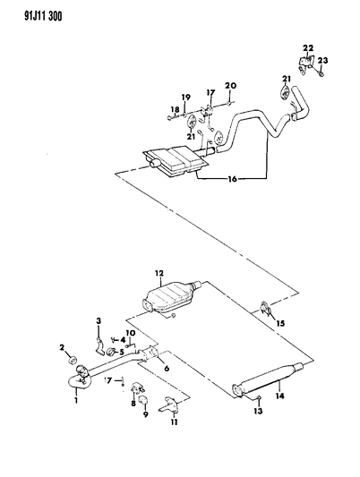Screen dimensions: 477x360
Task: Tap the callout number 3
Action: (99, 320)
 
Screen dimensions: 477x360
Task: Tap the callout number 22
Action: (308, 47)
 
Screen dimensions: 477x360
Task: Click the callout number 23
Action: (324, 61)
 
